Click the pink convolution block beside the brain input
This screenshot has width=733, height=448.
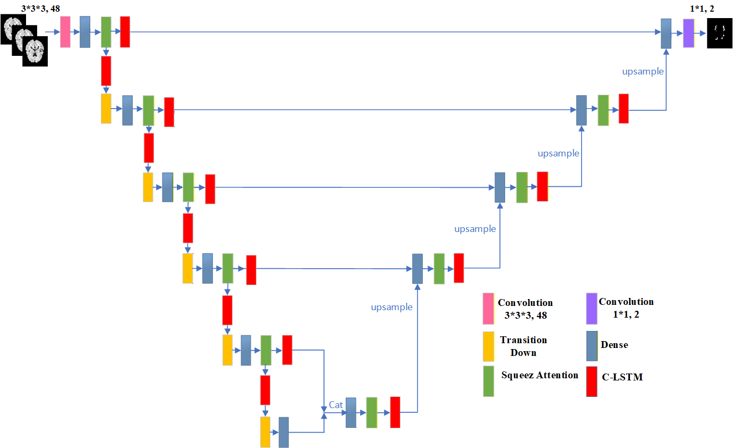pos(65,32)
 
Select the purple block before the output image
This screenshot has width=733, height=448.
pos(688,33)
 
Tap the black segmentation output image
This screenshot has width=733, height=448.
pos(720,34)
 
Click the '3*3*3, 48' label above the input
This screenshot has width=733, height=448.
pos(40,9)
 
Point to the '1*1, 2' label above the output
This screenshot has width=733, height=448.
pos(702,9)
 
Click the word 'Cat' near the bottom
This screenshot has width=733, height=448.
pos(336,405)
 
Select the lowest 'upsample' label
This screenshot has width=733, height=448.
pos(391,307)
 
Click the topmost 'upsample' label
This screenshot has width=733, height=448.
pos(643,71)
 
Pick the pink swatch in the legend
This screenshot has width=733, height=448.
pos(488,309)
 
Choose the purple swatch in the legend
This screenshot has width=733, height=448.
pos(592,309)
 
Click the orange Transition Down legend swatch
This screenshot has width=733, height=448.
pos(489,346)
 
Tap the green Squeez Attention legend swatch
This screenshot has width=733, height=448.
pos(489,381)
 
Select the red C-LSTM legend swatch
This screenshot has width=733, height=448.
pos(592,381)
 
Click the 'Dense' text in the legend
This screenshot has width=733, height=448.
pos(614,345)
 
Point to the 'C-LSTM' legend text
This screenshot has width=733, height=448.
pos(622,377)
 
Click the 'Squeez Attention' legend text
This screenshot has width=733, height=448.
pos(540,375)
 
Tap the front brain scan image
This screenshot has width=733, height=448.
pos(35,51)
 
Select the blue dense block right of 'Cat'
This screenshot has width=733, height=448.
pos(351,412)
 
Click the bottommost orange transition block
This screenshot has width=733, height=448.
pos(266,432)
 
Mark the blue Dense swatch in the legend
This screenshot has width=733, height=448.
pos(592,346)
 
